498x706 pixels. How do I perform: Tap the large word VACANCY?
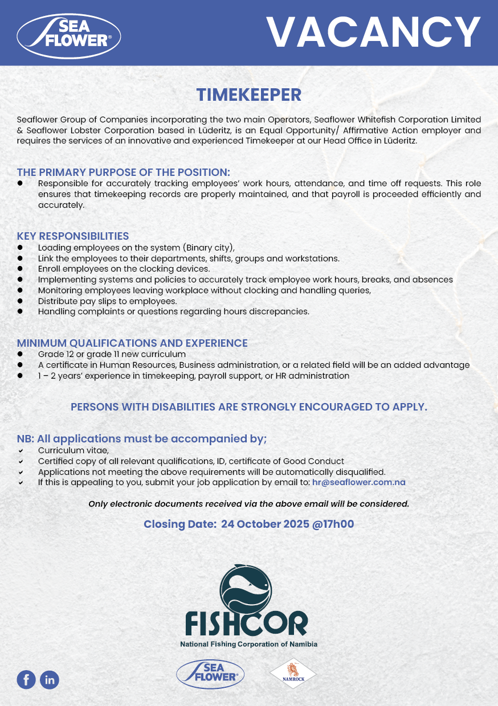tap(374, 32)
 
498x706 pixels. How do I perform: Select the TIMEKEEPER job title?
tap(248, 95)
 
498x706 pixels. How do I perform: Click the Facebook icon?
tap(26, 679)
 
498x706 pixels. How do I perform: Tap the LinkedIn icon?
tap(50, 679)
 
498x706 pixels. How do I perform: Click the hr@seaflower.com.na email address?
tap(358, 482)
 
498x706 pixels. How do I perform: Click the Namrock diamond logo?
tap(292, 674)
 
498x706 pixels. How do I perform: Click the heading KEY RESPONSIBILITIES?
tap(73, 236)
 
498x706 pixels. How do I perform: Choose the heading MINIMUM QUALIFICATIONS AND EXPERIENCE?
tap(132, 343)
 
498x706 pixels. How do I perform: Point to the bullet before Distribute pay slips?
tap(20, 301)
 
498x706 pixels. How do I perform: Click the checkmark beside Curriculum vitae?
tap(21, 451)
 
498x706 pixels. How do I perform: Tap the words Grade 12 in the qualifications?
tap(52, 354)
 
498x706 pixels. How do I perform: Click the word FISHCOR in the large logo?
tap(246, 625)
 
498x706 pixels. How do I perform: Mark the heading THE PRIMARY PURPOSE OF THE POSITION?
tap(124, 172)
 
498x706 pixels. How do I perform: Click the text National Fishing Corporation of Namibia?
tap(248, 644)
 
